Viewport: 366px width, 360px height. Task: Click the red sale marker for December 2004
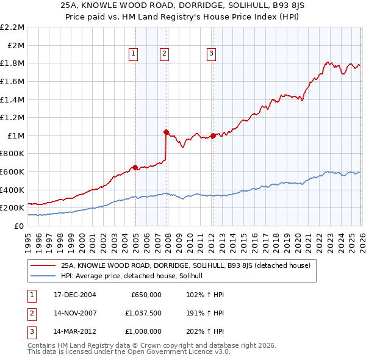pos(135,167)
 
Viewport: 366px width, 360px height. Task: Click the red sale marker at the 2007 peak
pos(166,131)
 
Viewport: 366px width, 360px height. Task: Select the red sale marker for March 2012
pos(213,135)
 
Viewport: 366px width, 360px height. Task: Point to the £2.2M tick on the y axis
pos(12,27)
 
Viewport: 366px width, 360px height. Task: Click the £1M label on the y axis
pos(16,135)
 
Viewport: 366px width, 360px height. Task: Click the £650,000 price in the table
pos(146,295)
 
